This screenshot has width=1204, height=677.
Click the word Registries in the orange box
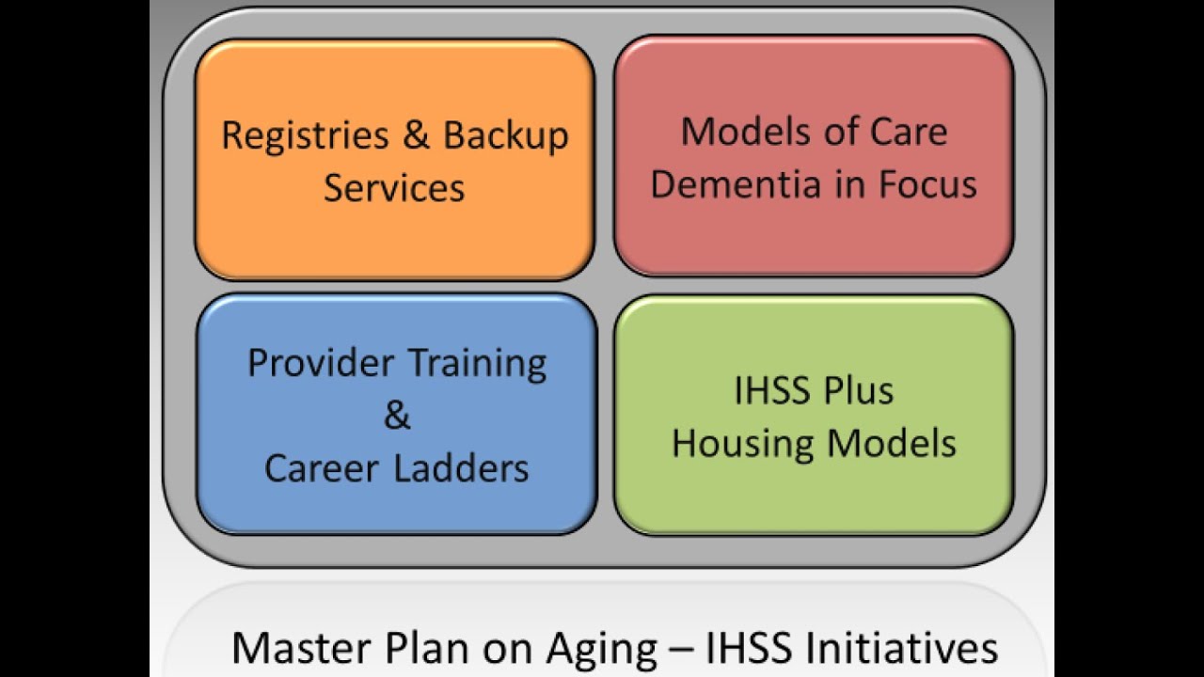tap(305, 136)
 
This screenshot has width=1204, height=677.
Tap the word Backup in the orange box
tap(506, 136)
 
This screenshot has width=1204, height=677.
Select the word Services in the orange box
tap(394, 187)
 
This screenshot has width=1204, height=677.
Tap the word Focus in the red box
tap(927, 184)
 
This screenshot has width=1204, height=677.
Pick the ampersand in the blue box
tap(397, 416)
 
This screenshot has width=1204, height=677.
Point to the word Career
tap(322, 467)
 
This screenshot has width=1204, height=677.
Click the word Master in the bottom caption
tap(295, 648)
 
